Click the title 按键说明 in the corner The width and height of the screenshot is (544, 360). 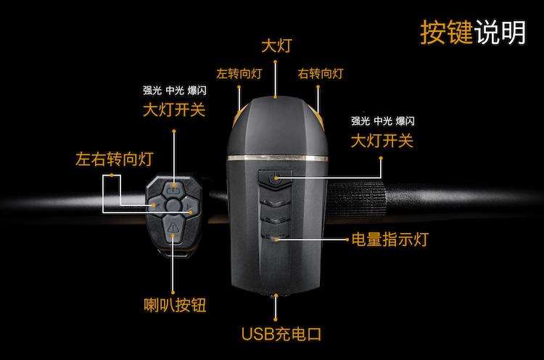(473, 31)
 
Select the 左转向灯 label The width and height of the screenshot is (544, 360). (239, 73)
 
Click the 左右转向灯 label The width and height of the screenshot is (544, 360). (115, 159)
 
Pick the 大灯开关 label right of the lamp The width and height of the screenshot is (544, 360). (382, 140)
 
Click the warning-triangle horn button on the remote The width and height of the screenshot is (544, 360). (173, 231)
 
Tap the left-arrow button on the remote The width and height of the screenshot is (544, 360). (154, 208)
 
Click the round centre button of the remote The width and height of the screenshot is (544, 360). (172, 208)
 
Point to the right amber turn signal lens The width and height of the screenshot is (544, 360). (318, 116)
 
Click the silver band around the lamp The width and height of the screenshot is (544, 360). (277, 157)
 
